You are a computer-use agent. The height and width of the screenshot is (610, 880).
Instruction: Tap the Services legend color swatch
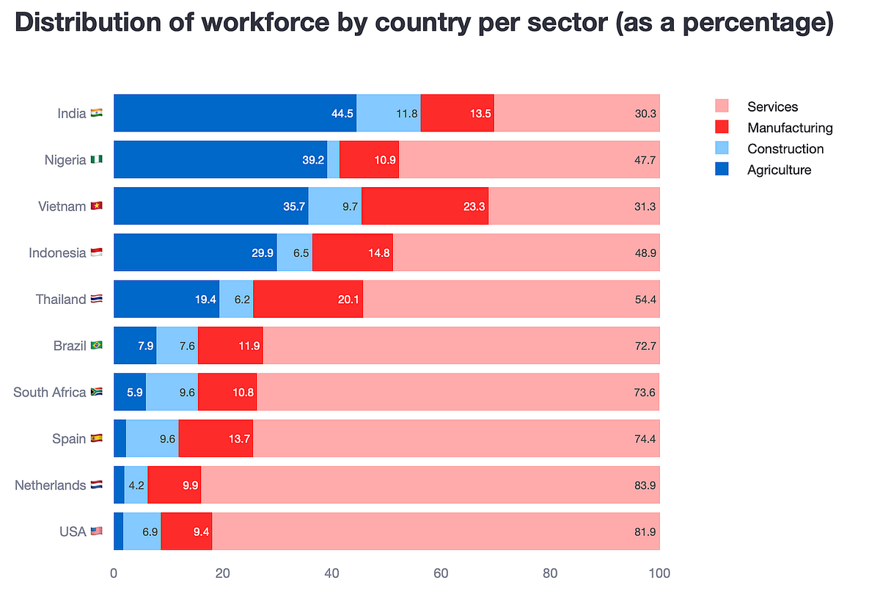722,106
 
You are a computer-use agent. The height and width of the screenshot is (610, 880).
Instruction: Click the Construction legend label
785,149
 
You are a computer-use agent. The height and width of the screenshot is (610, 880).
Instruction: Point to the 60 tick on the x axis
441,573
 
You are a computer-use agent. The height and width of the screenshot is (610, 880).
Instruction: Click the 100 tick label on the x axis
659,573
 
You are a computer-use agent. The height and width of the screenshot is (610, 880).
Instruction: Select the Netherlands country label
51,485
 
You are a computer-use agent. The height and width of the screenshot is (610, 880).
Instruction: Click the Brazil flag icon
96,346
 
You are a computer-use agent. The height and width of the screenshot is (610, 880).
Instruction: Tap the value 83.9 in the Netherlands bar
645,485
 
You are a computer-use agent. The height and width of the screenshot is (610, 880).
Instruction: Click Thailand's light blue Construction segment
236,299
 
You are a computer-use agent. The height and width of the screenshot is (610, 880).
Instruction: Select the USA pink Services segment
436,531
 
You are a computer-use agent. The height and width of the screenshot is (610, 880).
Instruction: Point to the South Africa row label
50,392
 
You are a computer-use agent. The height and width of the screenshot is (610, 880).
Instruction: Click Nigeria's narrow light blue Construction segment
333,160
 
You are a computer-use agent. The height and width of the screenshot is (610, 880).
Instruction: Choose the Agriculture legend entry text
779,170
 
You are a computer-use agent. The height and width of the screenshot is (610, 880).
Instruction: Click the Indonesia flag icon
97,253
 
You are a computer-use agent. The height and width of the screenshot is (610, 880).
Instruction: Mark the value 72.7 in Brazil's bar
645,346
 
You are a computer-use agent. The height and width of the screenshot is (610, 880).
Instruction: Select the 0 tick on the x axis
114,573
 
